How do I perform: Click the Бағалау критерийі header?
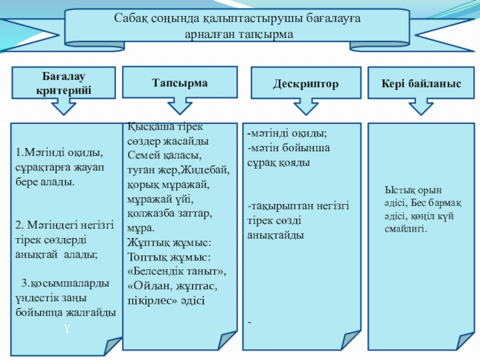click(x=64, y=83)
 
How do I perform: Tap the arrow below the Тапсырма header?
click(x=176, y=107)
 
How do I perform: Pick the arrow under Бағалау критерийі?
click(x=63, y=107)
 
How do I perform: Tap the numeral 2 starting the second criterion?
click(x=19, y=225)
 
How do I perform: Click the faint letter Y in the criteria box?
click(x=67, y=329)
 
